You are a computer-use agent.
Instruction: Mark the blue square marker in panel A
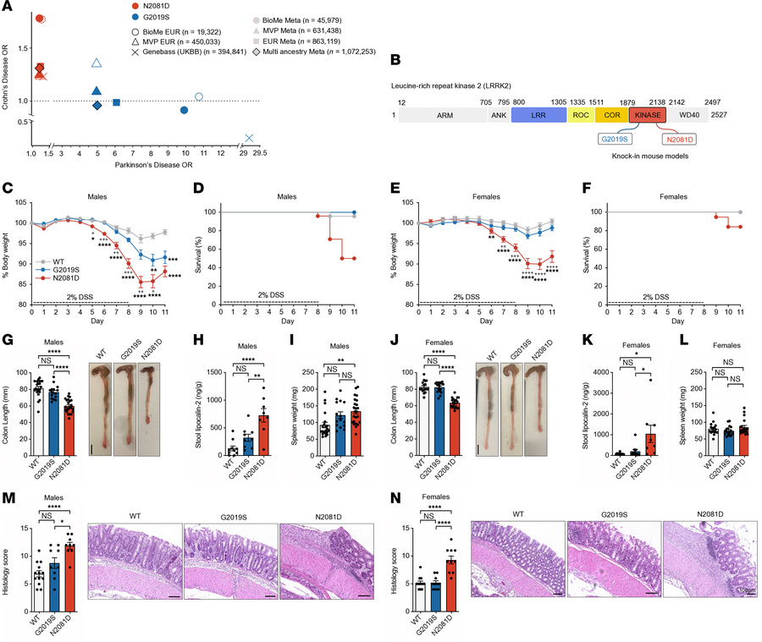(117, 102)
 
